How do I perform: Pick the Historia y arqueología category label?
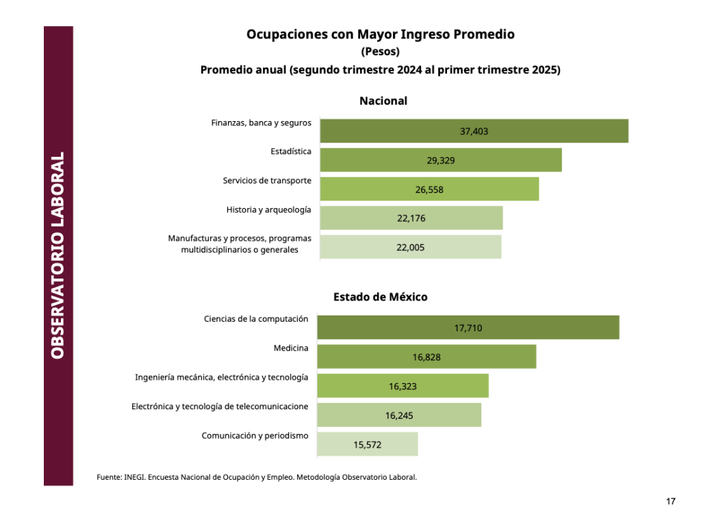click(x=269, y=209)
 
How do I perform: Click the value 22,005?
click(x=411, y=248)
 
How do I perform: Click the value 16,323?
click(x=403, y=387)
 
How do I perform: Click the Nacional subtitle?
click(x=383, y=101)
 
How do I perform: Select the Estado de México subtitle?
click(x=381, y=297)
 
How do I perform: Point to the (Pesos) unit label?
click(x=380, y=52)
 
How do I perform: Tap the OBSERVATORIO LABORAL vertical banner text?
click(x=58, y=255)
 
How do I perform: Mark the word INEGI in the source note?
click(x=133, y=477)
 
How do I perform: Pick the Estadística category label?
click(x=291, y=151)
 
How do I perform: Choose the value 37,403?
click(x=474, y=131)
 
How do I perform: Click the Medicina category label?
click(x=291, y=348)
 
